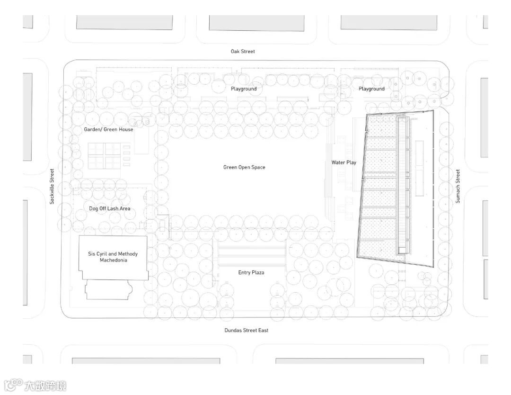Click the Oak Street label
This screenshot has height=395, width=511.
[243, 51]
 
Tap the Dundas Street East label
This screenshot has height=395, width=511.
[246, 330]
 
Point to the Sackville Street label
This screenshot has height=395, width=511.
[53, 186]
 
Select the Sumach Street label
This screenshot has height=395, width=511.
[458, 186]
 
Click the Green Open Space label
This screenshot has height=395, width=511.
[244, 167]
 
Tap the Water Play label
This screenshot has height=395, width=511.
[344, 162]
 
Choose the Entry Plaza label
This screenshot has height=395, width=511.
[251, 272]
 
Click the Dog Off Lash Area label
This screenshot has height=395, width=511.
[110, 208]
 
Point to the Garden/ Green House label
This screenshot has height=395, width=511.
[109, 129]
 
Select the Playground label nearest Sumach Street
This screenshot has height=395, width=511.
[371, 89]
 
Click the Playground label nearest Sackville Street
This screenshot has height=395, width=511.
[244, 89]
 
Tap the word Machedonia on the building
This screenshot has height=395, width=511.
[113, 260]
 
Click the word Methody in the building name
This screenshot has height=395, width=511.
[128, 254]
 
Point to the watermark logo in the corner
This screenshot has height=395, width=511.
[36, 385]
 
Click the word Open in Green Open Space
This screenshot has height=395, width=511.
[244, 167]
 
